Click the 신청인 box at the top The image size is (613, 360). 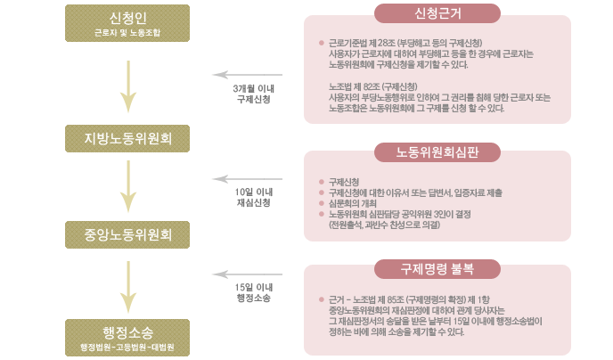tap(128, 23)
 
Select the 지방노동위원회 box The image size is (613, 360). tap(128, 139)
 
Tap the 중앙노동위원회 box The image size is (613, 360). tap(128, 236)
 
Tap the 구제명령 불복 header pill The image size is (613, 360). tap(437, 266)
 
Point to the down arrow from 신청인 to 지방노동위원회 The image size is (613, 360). tap(129, 86)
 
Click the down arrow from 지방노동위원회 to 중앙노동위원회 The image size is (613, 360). tap(129, 188)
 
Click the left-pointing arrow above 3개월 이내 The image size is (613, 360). tap(254, 78)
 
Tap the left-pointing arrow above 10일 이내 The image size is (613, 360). tap(254, 178)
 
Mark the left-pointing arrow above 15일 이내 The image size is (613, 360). tap(254, 274)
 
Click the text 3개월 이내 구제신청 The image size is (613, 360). tap(254, 94)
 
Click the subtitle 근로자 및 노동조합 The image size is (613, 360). tap(128, 32)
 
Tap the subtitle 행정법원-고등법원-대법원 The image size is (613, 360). tap(128, 347)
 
